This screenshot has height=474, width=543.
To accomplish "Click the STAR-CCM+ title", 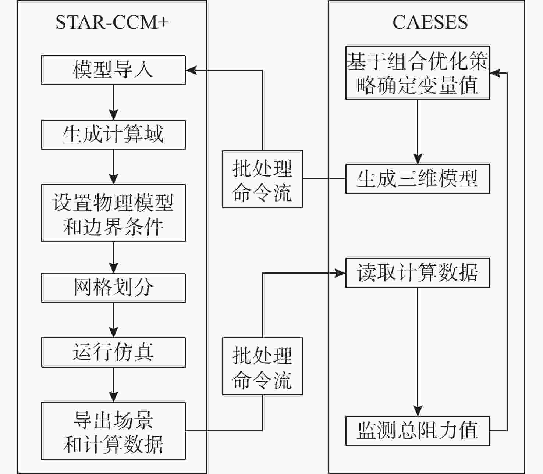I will tap(112, 22).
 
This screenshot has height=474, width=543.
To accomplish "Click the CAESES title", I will tap(430, 22).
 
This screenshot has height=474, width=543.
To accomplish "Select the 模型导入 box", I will tap(113, 70).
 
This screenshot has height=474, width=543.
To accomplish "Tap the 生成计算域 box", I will tap(113, 134).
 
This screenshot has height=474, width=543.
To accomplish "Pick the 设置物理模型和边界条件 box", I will tap(113, 213).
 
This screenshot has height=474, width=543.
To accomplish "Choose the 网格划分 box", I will tap(113, 288).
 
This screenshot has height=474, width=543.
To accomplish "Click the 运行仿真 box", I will tap(113, 352).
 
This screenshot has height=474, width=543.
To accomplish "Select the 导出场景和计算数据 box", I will tap(113, 431).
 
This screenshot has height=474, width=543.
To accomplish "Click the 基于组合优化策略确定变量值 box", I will tap(418, 73).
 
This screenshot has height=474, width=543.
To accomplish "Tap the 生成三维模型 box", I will tap(418, 179).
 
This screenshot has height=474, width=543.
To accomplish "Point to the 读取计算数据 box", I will tap(418, 273).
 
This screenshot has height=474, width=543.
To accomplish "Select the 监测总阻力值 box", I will tap(418, 431).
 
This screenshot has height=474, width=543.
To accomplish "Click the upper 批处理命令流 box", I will tap(262, 179).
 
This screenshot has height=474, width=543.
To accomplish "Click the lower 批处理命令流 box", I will tap(262, 366).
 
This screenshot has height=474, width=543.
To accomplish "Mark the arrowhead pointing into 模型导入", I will tap(191, 70).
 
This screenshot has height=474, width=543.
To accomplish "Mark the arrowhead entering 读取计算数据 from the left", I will tap(340, 273).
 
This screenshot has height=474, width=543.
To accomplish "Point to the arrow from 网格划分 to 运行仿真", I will tap(113, 320).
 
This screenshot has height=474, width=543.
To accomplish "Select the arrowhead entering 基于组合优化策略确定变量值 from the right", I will tap(495, 73).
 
